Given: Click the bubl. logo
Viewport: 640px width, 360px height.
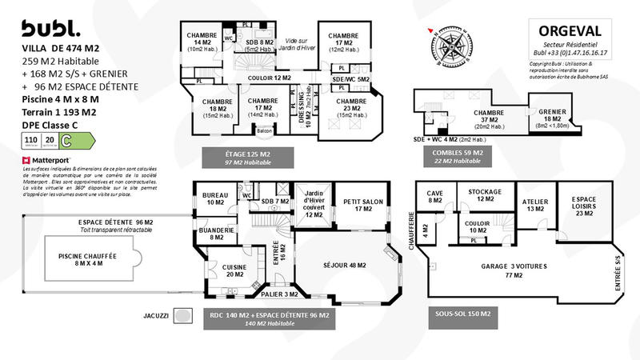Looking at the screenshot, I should pyautogui.click(x=50, y=29).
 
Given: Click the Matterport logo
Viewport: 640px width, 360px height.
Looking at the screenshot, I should pyautogui.click(x=50, y=161).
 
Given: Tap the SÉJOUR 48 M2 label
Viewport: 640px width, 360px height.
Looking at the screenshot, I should pyautogui.click(x=344, y=265).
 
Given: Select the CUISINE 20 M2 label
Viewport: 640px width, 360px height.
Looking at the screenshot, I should pyautogui.click(x=234, y=270).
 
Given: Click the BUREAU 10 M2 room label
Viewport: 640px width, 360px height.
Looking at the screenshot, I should pyautogui.click(x=215, y=198).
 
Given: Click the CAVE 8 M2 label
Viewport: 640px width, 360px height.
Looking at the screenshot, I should pyautogui.click(x=434, y=197).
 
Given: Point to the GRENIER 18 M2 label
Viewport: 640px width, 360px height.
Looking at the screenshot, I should pyautogui.click(x=552, y=117).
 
